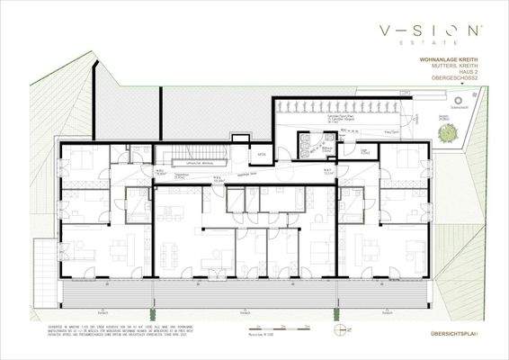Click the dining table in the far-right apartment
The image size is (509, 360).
pos(366,243)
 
